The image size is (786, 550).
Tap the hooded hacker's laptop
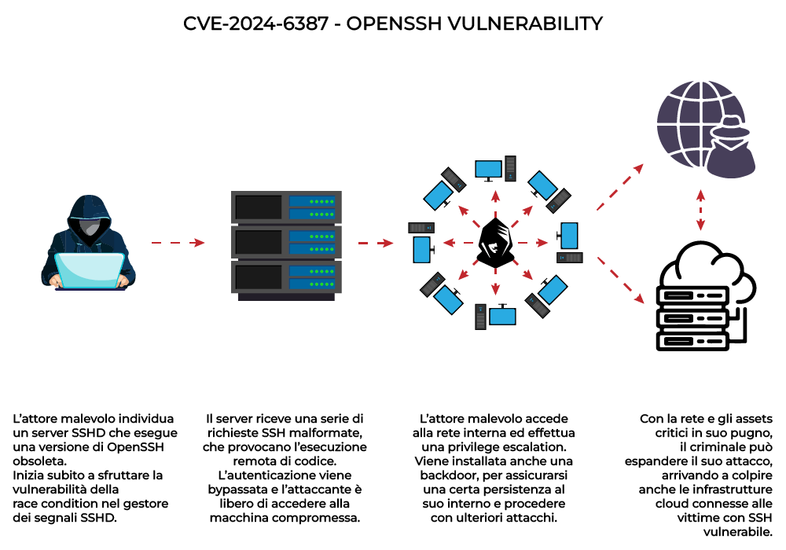click(x=91, y=271)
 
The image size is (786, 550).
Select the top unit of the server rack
click(x=287, y=207)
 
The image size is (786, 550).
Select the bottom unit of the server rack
click(x=287, y=277)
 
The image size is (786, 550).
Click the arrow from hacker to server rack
click(x=178, y=243)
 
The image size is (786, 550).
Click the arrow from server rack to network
click(x=376, y=243)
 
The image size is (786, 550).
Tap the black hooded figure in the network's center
click(x=495, y=244)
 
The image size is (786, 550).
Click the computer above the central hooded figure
click(x=495, y=168)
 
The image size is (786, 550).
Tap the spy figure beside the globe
click(x=726, y=148)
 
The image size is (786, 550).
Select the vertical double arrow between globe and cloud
click(x=699, y=210)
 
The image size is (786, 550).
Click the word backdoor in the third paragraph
click(x=445, y=475)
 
